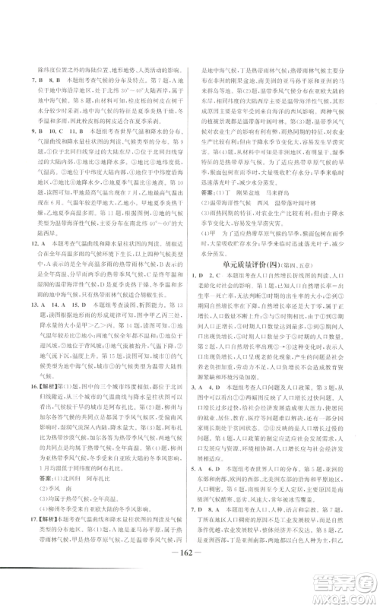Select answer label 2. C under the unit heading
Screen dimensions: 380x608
coord(218,299)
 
